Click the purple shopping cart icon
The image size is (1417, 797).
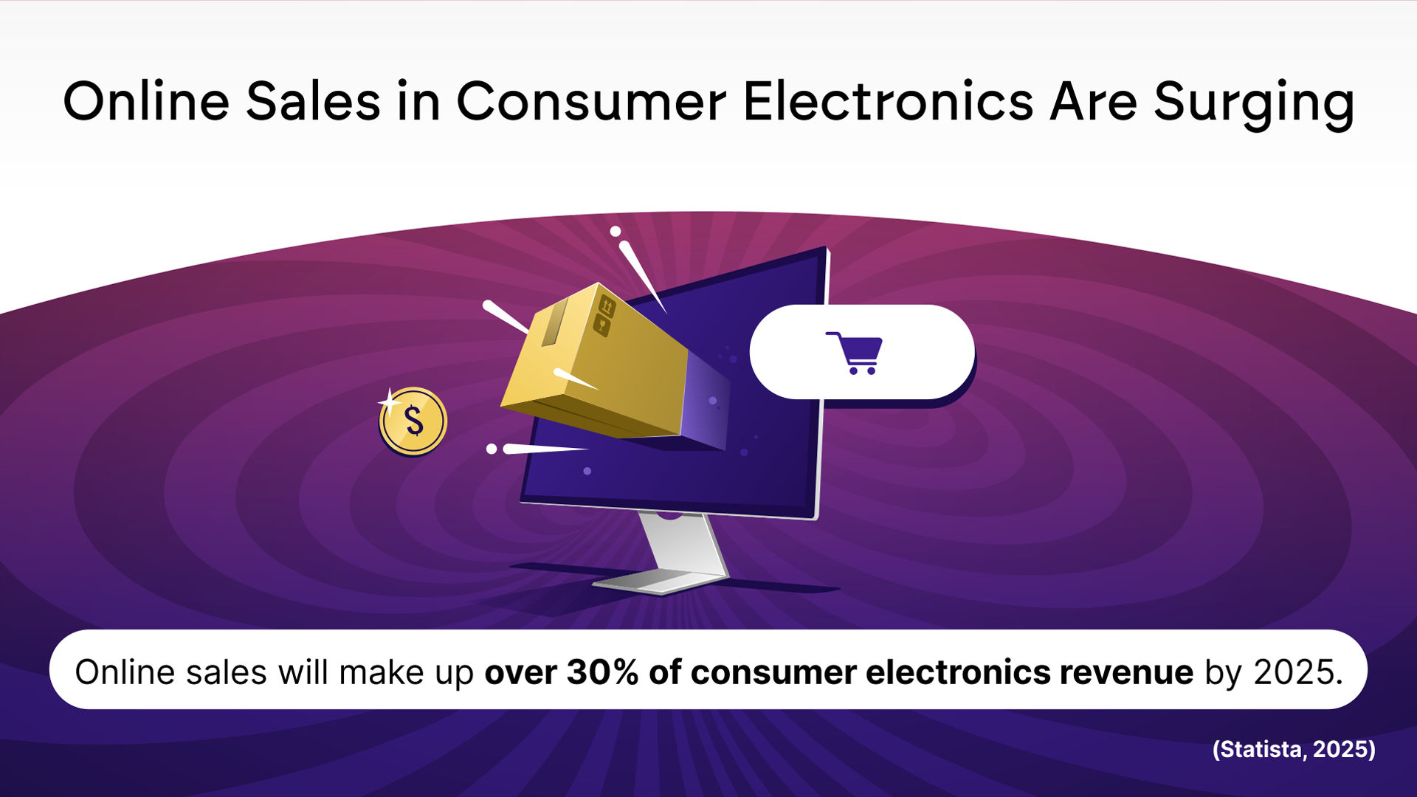855,353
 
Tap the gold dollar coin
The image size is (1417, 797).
413,421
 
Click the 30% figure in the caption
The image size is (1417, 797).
601,672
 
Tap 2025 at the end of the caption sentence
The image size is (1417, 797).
1297,672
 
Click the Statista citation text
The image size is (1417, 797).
1294,749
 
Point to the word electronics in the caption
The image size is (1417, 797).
957,672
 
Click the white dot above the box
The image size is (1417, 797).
615,232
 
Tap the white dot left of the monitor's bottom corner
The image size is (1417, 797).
492,449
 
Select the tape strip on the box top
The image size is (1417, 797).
554,322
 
